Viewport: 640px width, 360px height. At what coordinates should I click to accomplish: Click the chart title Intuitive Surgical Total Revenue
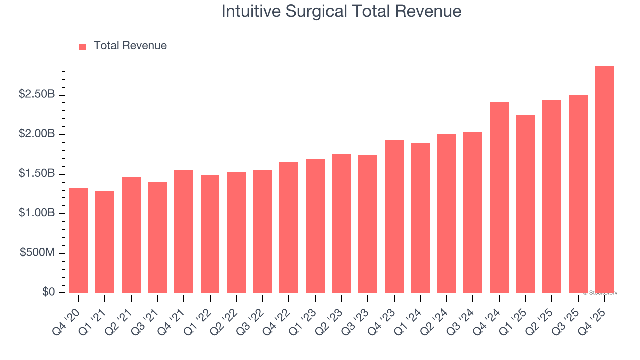click(x=341, y=11)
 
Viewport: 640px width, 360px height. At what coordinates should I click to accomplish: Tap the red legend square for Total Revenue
click(x=83, y=46)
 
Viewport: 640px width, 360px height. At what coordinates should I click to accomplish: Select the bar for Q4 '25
click(x=604, y=180)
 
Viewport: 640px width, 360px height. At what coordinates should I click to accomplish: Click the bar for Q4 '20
click(x=79, y=240)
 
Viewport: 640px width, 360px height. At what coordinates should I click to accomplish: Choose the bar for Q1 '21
click(x=105, y=242)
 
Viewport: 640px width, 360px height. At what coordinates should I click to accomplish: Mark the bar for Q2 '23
click(x=341, y=223)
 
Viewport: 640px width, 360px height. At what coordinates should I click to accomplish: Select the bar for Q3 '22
click(x=262, y=231)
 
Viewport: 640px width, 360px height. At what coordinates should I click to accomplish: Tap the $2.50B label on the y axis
click(x=37, y=94)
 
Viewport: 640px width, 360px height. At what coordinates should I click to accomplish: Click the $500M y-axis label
click(x=37, y=253)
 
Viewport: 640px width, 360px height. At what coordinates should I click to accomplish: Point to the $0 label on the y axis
click(x=48, y=292)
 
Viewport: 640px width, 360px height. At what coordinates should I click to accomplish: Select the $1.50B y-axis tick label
click(x=37, y=174)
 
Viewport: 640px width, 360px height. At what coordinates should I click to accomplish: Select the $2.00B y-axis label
click(x=37, y=134)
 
